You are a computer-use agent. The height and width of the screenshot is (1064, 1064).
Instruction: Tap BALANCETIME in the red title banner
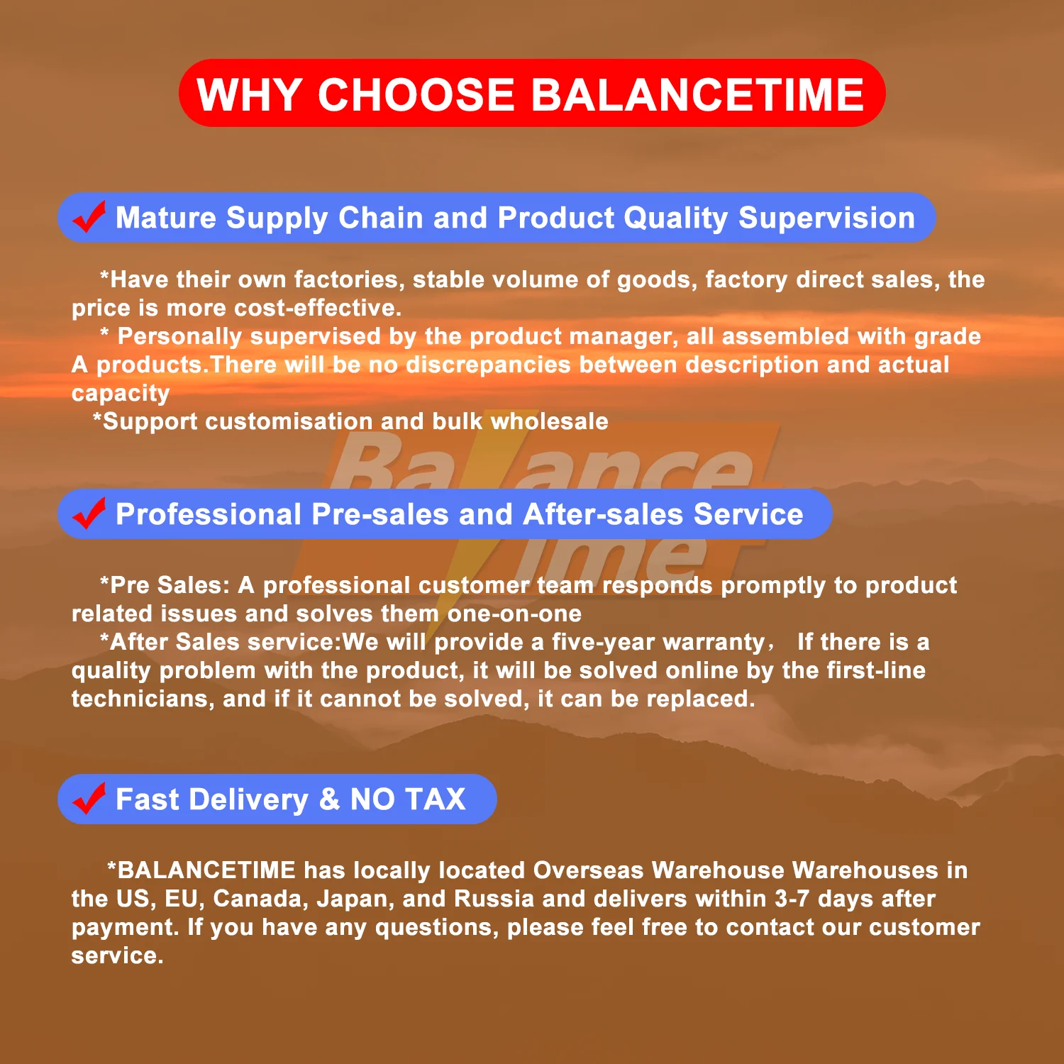[x=698, y=94]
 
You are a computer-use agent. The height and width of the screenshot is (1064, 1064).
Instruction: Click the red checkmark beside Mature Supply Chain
[x=89, y=216]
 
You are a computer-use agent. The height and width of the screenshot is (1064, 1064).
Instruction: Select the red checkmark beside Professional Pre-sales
[x=89, y=513]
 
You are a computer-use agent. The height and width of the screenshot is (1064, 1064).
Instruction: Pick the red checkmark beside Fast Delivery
[x=89, y=798]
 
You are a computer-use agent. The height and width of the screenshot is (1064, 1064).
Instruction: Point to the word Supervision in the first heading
[x=826, y=218]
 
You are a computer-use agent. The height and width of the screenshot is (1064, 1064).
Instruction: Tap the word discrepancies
[x=488, y=365]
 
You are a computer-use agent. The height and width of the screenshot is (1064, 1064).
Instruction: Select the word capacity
[x=121, y=394]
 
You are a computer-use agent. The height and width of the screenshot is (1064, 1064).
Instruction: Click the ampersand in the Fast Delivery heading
[x=329, y=799]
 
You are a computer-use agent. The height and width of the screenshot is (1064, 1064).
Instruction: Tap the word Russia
[x=494, y=899]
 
